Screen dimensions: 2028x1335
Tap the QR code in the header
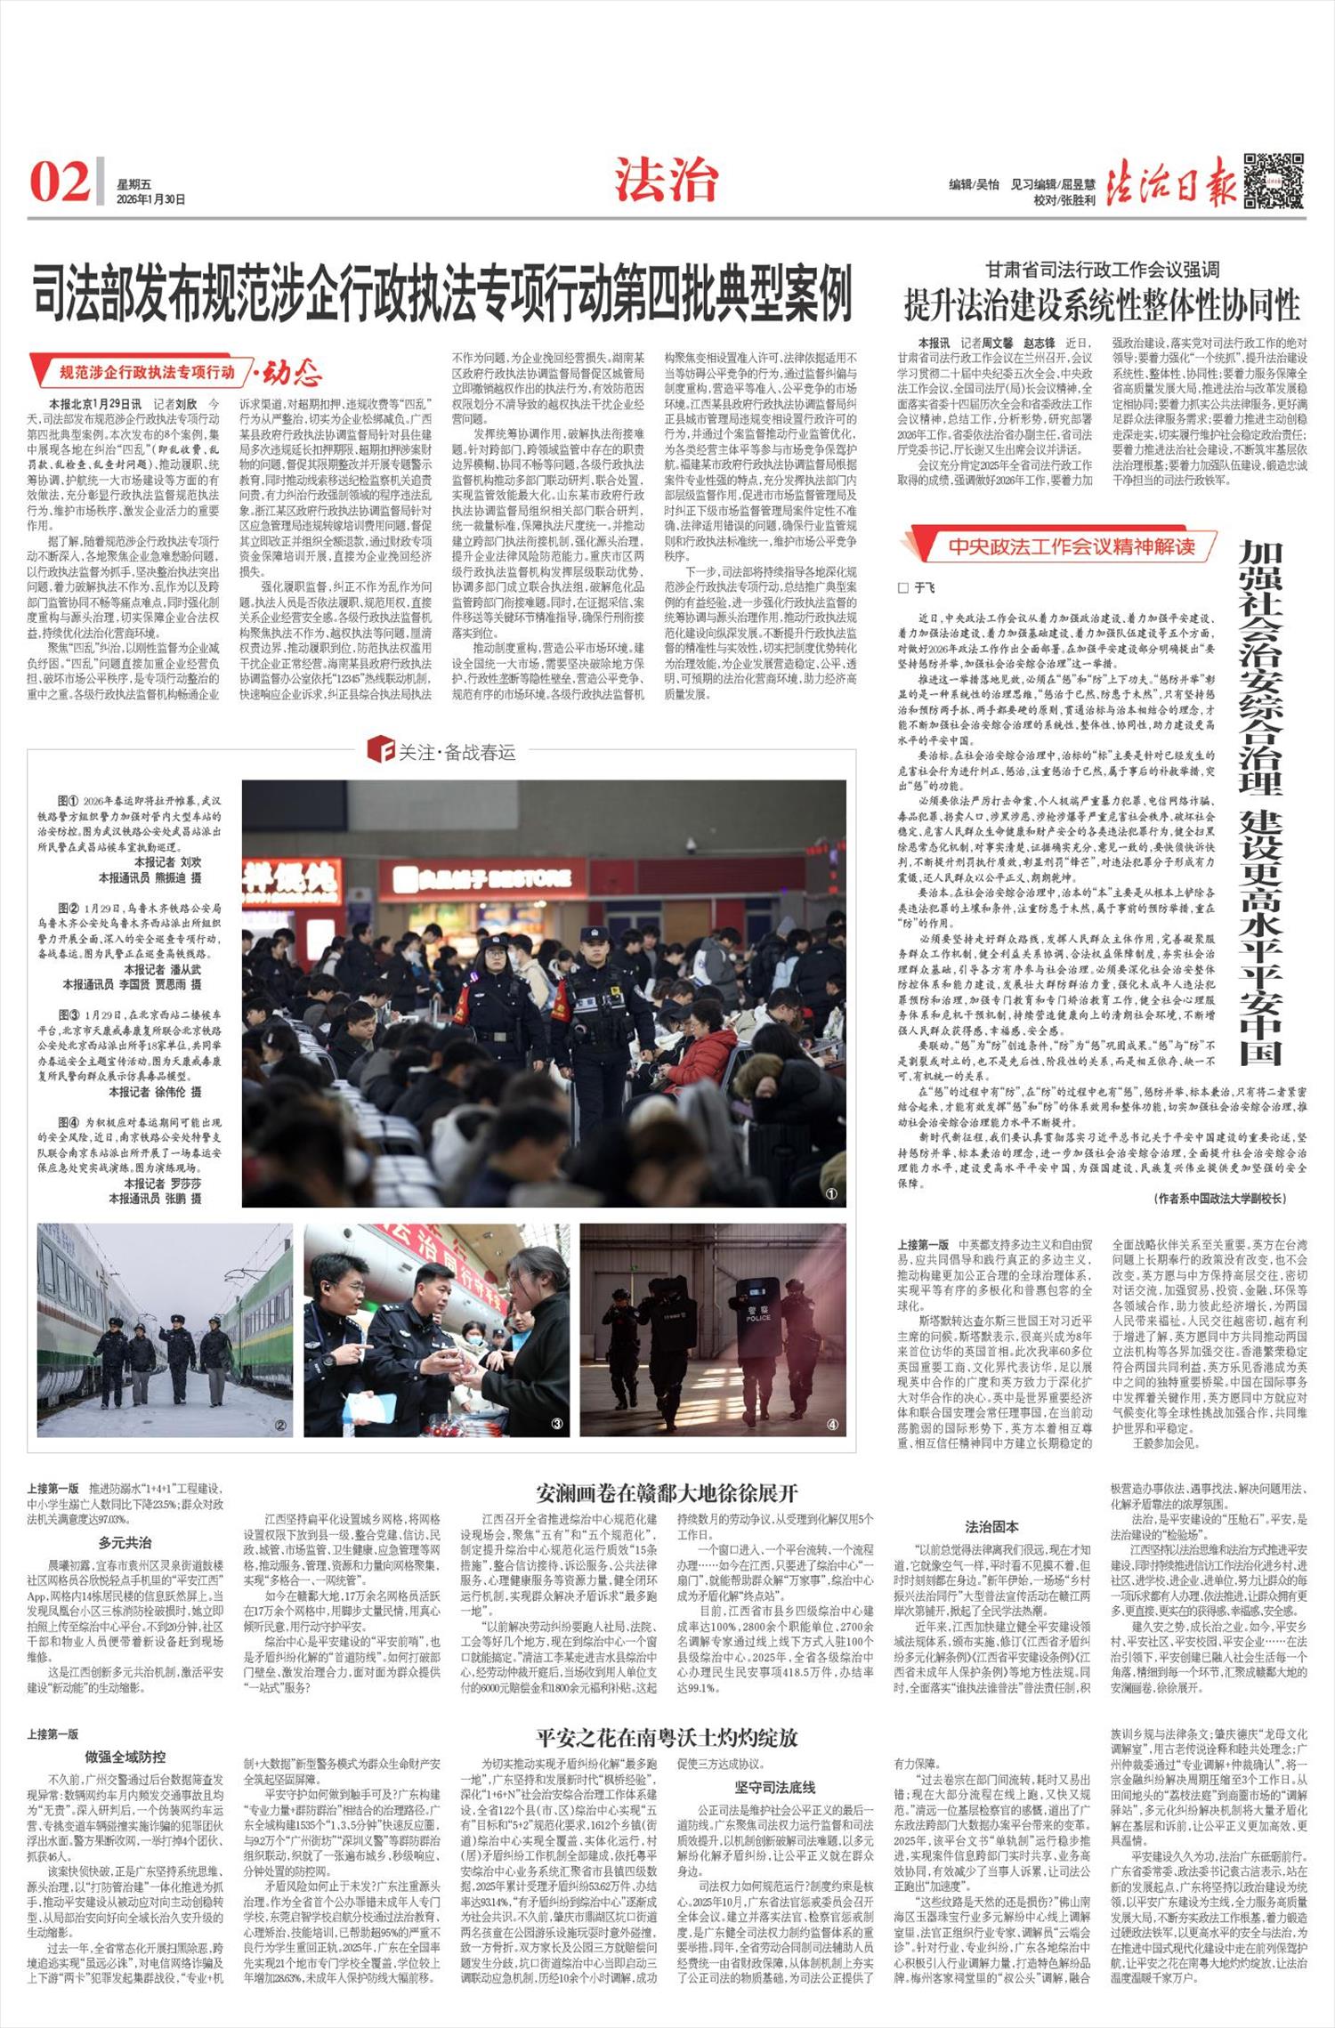pos(1273,181)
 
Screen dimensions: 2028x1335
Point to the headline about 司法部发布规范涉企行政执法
pos(442,294)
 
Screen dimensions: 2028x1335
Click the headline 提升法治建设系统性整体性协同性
pos(1101,303)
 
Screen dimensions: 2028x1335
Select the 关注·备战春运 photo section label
pos(442,751)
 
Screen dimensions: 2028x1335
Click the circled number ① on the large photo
pos(830,1193)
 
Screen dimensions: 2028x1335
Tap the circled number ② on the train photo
pos(279,1425)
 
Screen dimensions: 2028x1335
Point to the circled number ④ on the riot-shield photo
pos(832,1424)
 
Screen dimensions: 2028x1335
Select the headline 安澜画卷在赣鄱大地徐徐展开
pos(667,1492)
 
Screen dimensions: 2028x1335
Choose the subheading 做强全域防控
pos(125,1756)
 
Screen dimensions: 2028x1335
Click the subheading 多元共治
pos(125,1542)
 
